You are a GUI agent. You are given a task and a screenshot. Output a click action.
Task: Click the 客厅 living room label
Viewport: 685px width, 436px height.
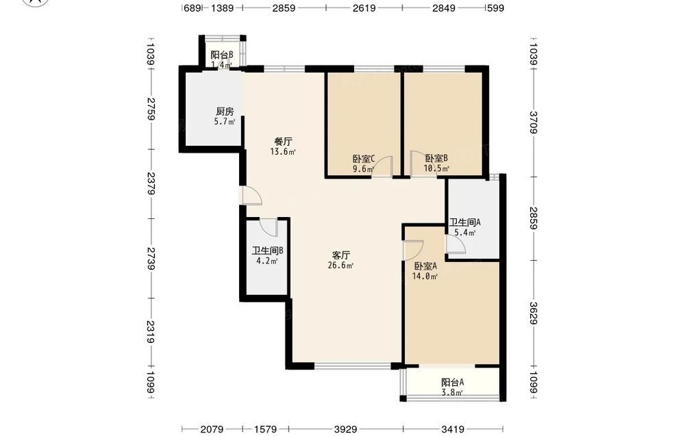click(340, 255)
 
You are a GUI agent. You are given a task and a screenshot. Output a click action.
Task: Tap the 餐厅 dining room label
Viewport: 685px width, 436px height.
click(283, 142)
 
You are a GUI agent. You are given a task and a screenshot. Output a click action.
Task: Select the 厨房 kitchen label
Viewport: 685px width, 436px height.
click(225, 112)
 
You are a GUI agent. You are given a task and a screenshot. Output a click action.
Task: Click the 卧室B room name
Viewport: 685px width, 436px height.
click(436, 158)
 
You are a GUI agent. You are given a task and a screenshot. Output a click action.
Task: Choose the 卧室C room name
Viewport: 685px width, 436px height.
click(364, 159)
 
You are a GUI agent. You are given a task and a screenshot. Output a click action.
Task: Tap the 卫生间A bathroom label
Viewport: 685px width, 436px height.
click(465, 222)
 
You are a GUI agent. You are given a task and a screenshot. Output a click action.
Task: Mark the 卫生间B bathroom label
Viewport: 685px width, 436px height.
click(268, 251)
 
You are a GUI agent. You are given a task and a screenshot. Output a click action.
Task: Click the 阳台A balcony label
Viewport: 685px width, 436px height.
click(453, 383)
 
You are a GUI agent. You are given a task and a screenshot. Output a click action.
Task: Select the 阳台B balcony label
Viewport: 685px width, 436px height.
click(221, 55)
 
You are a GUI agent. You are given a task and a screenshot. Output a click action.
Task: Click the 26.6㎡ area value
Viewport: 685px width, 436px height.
click(340, 266)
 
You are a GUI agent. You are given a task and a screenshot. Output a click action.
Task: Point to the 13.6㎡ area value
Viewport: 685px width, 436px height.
click(283, 152)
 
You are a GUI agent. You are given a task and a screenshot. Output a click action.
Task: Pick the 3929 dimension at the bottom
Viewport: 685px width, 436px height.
click(345, 429)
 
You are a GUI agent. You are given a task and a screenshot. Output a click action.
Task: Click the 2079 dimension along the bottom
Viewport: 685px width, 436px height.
click(212, 429)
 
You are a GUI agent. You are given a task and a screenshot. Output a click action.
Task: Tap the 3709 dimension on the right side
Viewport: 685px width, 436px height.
click(534, 123)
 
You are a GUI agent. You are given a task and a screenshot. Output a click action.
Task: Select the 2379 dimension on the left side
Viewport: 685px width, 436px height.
click(151, 183)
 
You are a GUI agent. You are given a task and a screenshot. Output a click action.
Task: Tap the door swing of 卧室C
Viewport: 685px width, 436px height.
click(383, 166)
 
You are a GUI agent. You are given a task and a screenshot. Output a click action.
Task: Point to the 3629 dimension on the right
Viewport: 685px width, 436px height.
click(534, 313)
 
